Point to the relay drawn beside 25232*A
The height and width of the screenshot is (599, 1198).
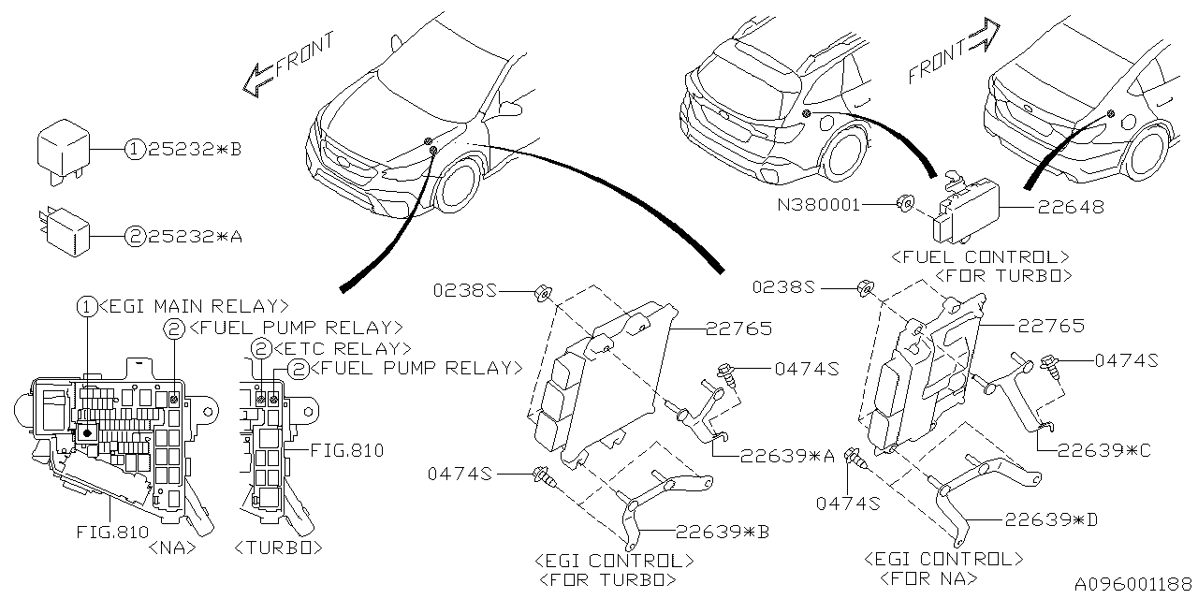(x=65, y=229)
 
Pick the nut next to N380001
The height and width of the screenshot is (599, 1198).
(x=905, y=203)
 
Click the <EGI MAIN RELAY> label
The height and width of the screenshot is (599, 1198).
(x=192, y=306)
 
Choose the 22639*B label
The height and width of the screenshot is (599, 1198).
(x=722, y=531)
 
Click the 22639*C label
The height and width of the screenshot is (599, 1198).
(x=1104, y=450)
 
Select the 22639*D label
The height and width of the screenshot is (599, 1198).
(x=1051, y=519)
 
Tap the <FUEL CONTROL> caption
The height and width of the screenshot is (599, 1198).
(x=981, y=256)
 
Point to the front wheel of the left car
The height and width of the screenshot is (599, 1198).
(x=460, y=187)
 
